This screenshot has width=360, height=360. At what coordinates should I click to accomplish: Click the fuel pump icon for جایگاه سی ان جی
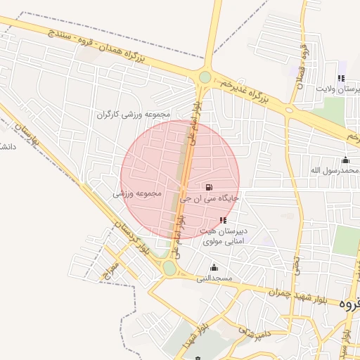[x=209, y=187]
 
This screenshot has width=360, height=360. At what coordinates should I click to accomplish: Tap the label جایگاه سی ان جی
[x=210, y=198]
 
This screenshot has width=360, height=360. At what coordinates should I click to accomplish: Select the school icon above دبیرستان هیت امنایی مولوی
[x=224, y=220]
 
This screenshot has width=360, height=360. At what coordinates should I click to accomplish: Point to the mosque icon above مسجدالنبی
[x=214, y=267]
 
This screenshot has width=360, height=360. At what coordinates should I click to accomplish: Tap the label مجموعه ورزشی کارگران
[x=134, y=114]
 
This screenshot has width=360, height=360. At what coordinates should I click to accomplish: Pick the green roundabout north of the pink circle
[x=205, y=77]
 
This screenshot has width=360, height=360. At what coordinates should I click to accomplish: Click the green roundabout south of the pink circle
[x=169, y=268]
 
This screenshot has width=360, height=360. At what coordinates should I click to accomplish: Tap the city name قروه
[x=349, y=304]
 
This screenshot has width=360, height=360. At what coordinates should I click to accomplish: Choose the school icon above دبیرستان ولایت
[x=341, y=78]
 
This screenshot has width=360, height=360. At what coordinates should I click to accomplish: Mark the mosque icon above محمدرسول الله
[x=345, y=159]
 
